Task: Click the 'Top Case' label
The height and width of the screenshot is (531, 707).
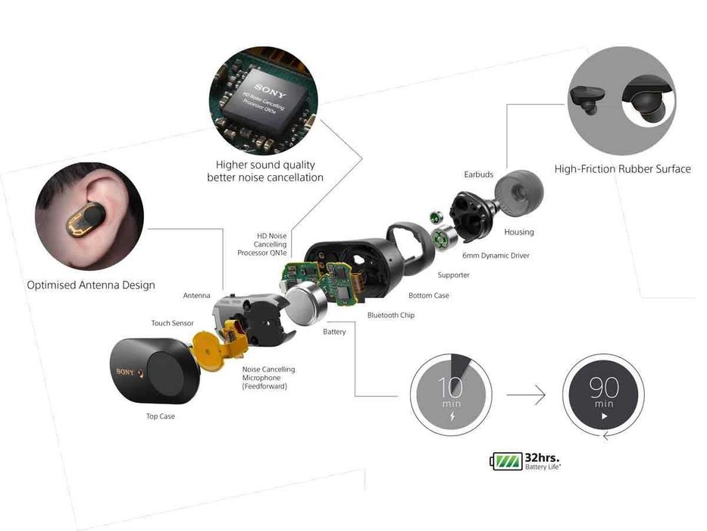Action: coord(160,416)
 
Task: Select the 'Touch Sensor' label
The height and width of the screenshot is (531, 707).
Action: coord(172,323)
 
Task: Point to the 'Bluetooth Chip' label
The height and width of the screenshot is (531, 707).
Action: coord(390,315)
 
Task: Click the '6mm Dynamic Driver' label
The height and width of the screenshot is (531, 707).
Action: coord(496,256)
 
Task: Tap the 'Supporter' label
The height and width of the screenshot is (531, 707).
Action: coord(453,275)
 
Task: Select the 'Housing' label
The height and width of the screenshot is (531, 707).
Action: coord(518,232)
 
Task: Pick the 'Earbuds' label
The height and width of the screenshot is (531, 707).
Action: coord(478,174)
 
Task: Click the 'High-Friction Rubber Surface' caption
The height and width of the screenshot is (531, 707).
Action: coord(622,169)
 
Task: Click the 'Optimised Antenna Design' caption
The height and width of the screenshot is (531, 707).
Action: coord(91,285)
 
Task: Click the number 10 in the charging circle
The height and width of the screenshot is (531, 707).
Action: coord(451,388)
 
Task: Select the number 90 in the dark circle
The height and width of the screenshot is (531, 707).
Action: coord(604,388)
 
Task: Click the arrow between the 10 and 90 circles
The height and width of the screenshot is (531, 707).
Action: coord(526,394)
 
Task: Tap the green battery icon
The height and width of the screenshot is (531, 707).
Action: coord(506,460)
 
